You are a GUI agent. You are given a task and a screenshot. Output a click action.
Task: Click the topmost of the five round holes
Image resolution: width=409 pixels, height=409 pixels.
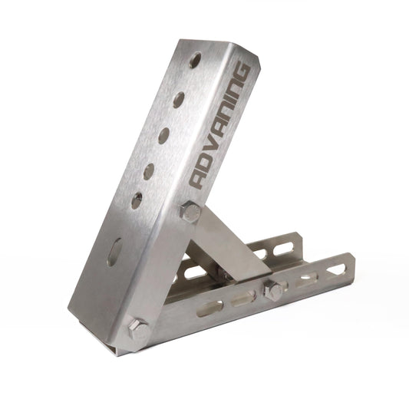[196, 58]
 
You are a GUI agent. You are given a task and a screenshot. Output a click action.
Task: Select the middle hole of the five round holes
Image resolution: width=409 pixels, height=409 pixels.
[163, 135]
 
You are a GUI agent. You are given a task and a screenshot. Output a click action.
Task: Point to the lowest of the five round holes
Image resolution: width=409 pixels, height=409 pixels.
[137, 201]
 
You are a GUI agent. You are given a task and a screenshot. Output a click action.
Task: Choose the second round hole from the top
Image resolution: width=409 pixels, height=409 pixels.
[179, 98]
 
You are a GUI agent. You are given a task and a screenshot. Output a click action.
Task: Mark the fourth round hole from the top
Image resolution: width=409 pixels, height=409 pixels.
[149, 170]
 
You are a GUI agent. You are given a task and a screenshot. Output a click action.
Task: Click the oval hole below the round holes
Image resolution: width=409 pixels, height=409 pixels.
[114, 251]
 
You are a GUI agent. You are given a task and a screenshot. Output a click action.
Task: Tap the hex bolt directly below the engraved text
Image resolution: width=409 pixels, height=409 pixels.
[190, 212]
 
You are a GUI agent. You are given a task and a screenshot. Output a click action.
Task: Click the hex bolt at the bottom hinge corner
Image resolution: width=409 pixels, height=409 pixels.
[138, 331]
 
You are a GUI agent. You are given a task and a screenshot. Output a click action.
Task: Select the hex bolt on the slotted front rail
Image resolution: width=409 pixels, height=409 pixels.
[272, 291]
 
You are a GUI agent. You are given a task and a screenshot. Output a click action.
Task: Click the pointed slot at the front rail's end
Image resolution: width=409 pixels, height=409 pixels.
[335, 269]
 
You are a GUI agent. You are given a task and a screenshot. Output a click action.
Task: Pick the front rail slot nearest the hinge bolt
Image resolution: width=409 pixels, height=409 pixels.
[209, 308]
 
